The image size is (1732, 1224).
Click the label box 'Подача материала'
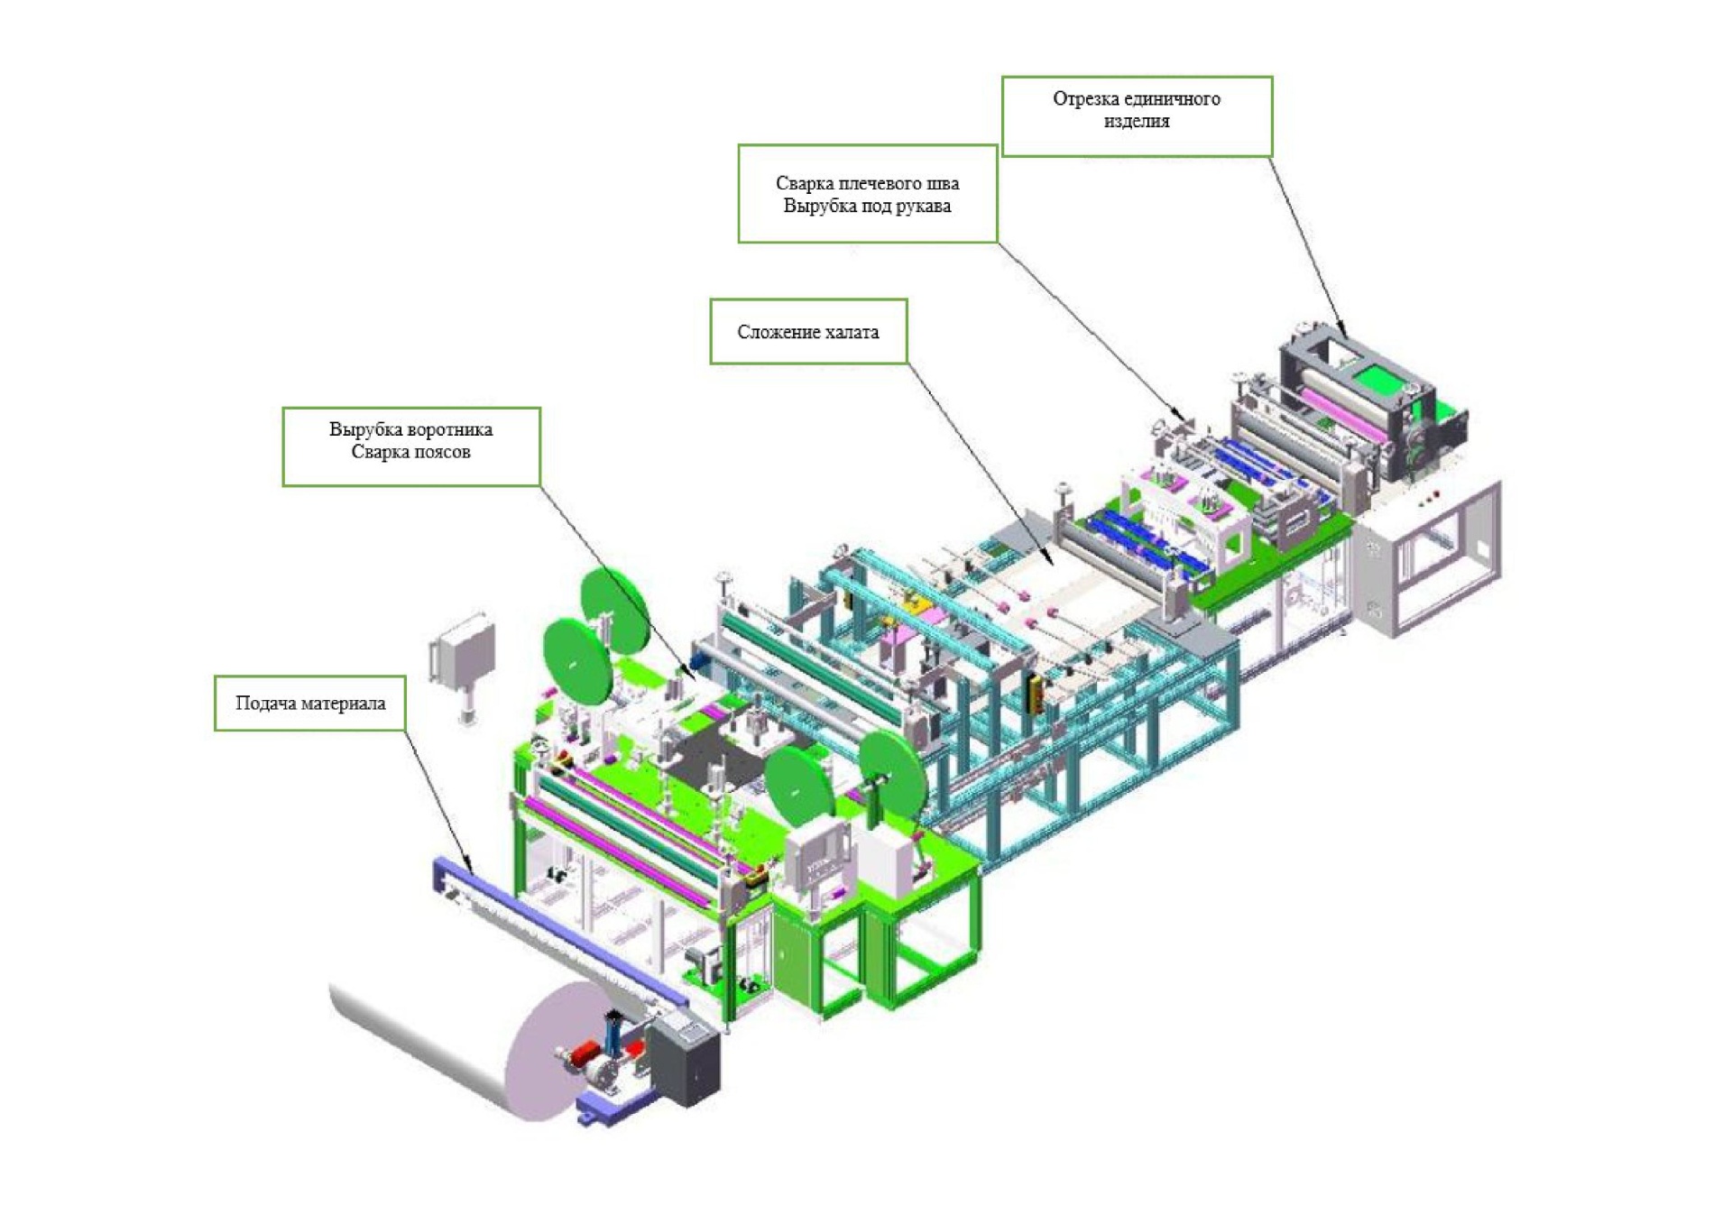(x=309, y=703)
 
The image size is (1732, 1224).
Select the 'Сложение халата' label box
(x=807, y=331)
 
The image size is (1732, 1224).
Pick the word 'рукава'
(x=923, y=206)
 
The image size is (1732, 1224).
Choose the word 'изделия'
(x=1136, y=121)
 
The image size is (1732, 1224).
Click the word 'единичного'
(x=1172, y=98)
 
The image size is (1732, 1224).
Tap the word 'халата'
(x=852, y=332)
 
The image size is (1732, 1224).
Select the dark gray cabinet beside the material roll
(x=686, y=1060)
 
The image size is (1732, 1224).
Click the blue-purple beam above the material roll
(x=559, y=929)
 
